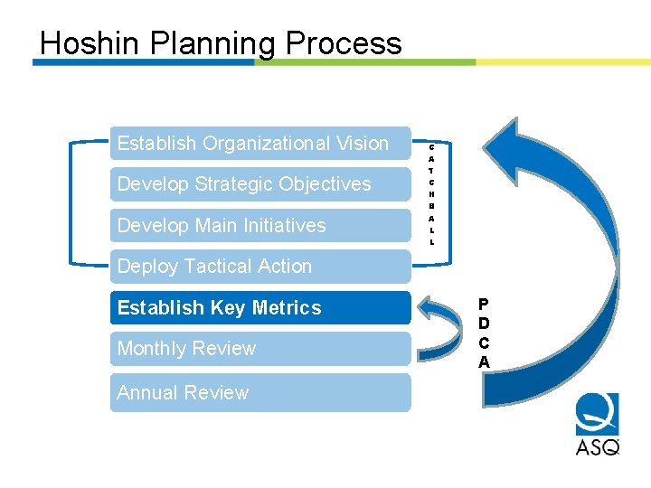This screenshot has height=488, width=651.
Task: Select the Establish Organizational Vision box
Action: point(259,144)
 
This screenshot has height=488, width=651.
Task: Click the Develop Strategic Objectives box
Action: point(259,184)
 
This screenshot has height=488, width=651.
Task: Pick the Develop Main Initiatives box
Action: point(259,225)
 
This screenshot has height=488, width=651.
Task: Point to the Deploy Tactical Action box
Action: point(259,267)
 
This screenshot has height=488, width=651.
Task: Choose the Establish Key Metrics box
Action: point(259,308)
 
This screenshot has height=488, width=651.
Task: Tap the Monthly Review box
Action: point(259,349)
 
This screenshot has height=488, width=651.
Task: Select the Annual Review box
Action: point(259,393)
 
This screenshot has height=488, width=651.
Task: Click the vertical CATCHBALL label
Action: point(431,193)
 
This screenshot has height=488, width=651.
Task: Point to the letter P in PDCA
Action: point(484,305)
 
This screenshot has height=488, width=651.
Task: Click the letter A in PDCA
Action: point(484,362)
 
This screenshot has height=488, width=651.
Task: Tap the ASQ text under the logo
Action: point(598,446)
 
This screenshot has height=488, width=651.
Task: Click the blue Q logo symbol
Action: point(598,415)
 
